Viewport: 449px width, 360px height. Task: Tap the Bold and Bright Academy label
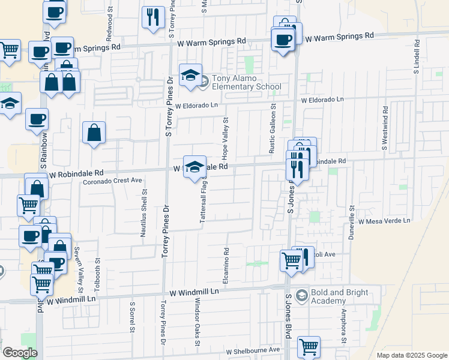click(x=342, y=296)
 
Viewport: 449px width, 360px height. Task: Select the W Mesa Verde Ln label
click(x=384, y=221)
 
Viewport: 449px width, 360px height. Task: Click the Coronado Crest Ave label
click(x=112, y=180)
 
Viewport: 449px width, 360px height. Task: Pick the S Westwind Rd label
click(x=384, y=128)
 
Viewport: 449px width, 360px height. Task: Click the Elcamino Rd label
click(x=226, y=266)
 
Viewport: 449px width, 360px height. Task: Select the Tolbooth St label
click(x=97, y=268)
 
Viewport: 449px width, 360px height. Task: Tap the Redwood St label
click(x=109, y=23)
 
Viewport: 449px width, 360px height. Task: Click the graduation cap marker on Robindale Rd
click(x=194, y=167)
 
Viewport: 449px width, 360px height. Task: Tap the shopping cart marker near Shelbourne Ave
click(x=309, y=346)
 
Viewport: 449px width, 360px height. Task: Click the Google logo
click(x=20, y=352)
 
